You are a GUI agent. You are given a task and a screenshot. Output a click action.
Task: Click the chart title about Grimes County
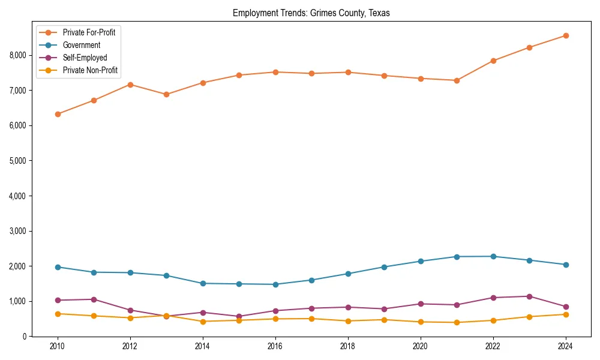click(x=311, y=13)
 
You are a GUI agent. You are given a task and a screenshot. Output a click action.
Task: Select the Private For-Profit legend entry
click(x=89, y=32)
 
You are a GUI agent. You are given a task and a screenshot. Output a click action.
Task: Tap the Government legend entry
click(x=81, y=45)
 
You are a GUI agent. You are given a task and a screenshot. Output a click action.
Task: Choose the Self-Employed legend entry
click(x=85, y=58)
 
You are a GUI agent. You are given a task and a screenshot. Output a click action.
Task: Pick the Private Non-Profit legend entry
click(x=90, y=70)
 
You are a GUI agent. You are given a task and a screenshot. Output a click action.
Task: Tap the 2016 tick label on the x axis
click(x=275, y=346)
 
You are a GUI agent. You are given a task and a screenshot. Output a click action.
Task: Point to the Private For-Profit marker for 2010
click(x=58, y=114)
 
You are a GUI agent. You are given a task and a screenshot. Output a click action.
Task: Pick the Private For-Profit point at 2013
click(x=166, y=94)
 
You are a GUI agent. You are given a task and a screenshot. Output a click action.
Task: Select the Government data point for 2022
click(x=493, y=256)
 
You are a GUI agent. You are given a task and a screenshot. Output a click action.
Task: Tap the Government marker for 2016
click(x=275, y=284)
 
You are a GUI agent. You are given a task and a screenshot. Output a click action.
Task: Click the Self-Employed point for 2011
click(x=94, y=299)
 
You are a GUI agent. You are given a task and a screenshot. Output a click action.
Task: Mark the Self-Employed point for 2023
click(x=529, y=296)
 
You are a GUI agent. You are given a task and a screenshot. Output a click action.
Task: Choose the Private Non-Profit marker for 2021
click(x=457, y=322)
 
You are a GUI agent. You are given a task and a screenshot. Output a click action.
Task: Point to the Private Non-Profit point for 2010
click(x=58, y=314)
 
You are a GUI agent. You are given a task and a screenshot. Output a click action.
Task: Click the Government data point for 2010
click(x=58, y=267)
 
